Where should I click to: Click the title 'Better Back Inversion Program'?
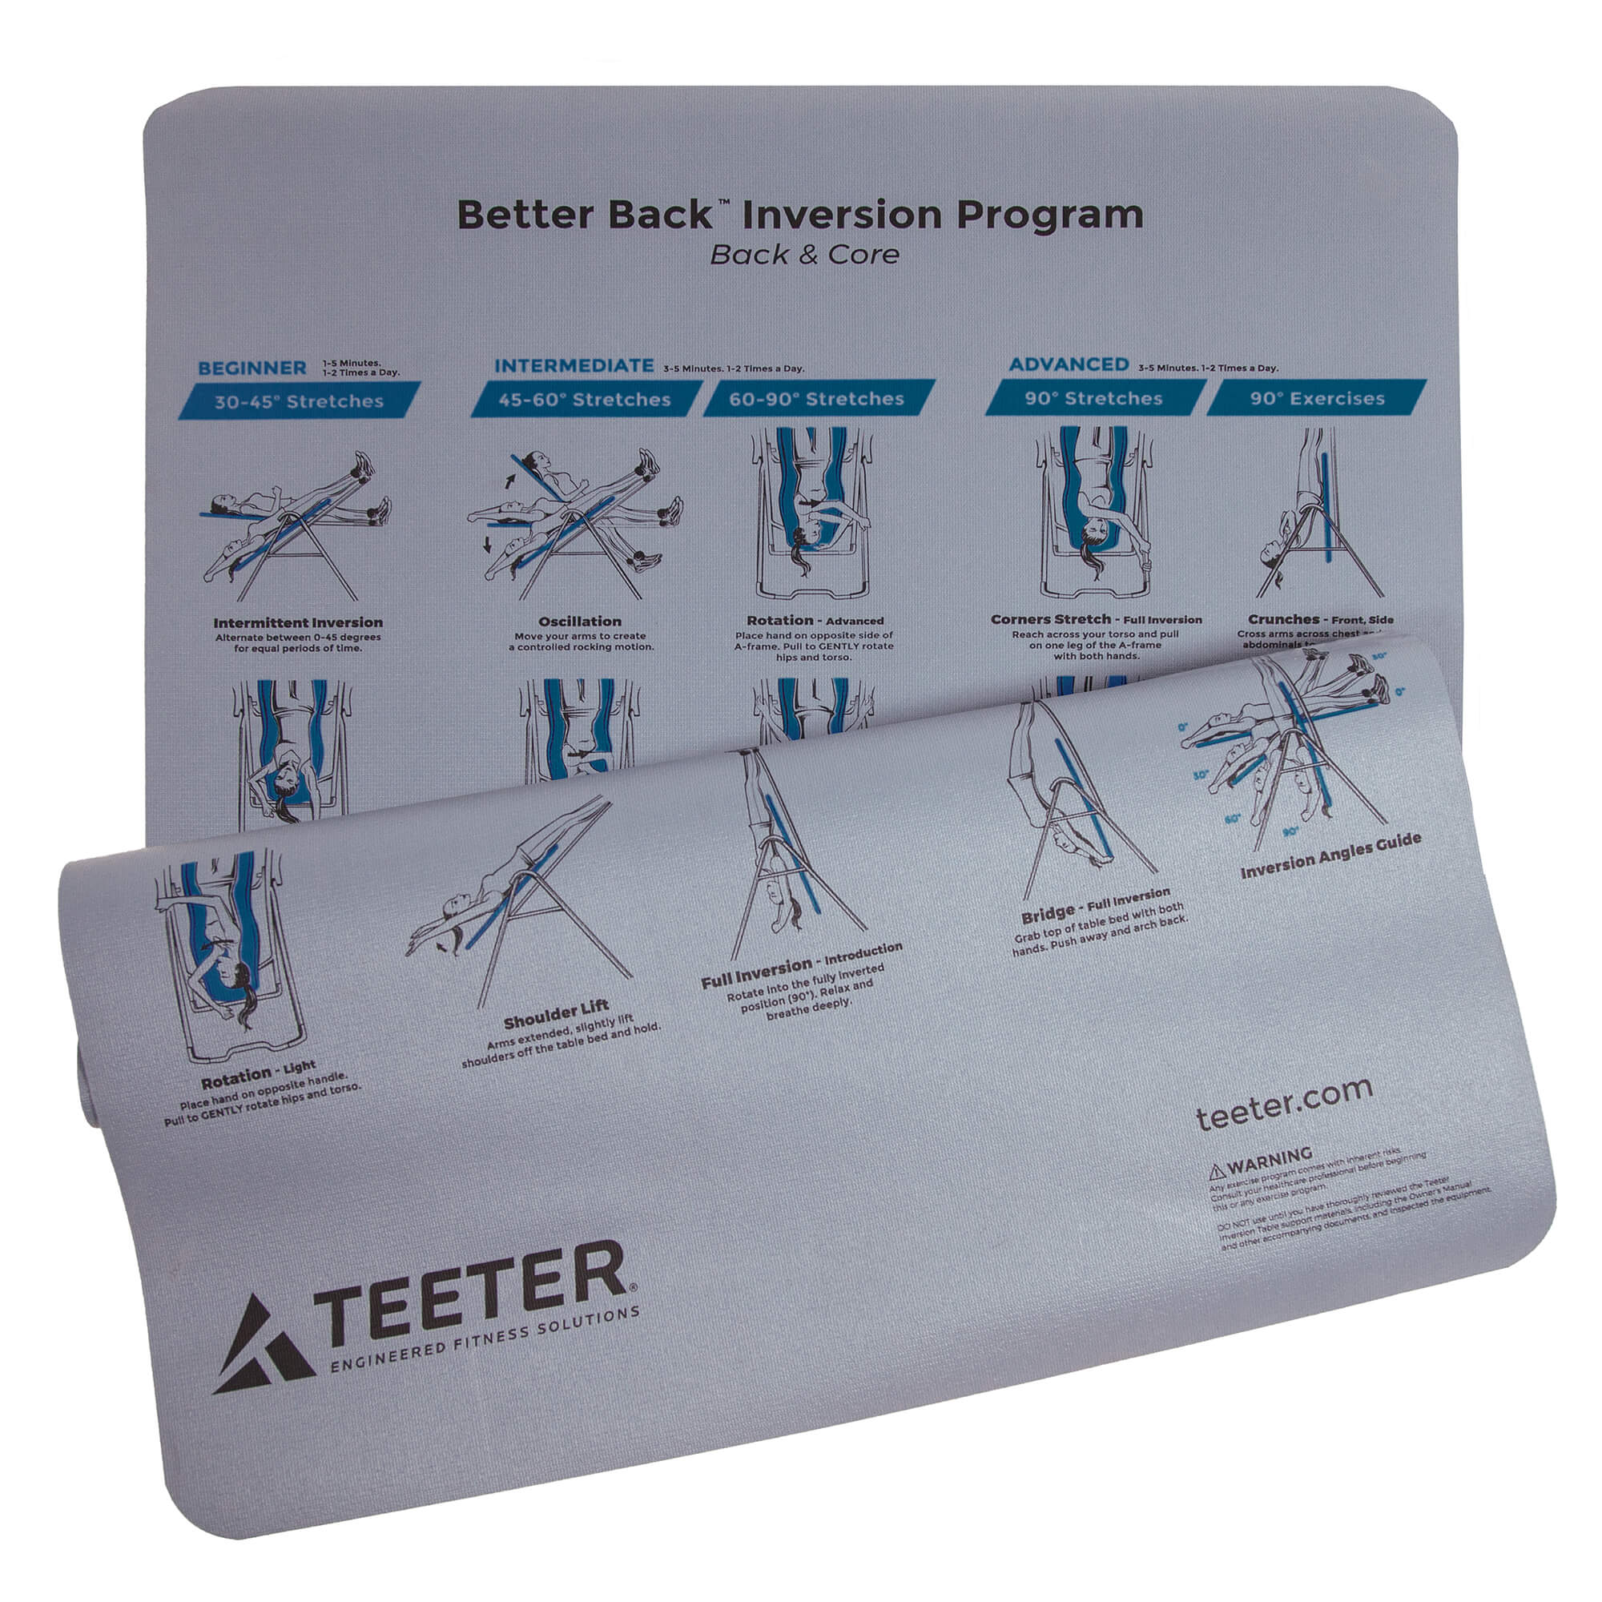pyautogui.click(x=800, y=215)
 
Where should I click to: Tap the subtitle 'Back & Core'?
pyautogui.click(x=804, y=255)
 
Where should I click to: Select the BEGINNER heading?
pyautogui.click(x=252, y=368)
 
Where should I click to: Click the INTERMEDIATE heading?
pyautogui.click(x=574, y=366)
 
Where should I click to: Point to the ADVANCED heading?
pyautogui.click(x=1068, y=364)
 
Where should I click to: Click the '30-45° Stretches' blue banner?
pyautogui.click(x=300, y=401)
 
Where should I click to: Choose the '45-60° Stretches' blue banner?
pyautogui.click(x=585, y=400)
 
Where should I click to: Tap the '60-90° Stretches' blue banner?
pyautogui.click(x=817, y=399)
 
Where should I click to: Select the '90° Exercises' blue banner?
pyautogui.click(x=1317, y=399)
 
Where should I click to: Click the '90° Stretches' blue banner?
pyautogui.click(x=1093, y=399)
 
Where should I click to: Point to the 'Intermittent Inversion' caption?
pyautogui.click(x=298, y=622)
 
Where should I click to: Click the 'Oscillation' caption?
pyautogui.click(x=581, y=621)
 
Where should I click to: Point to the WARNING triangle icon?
pyautogui.click(x=1217, y=1171)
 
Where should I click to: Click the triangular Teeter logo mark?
pyautogui.click(x=261, y=1346)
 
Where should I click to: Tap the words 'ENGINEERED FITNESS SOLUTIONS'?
pyautogui.click(x=485, y=1340)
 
